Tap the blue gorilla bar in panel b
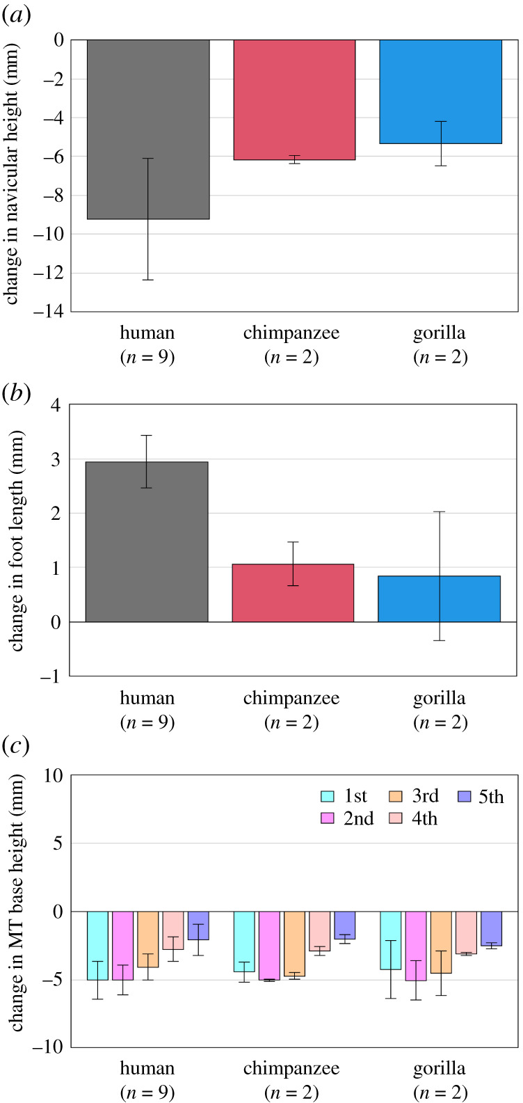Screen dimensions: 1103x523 pyautogui.click(x=439, y=598)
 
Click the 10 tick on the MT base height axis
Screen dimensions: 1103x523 pyautogui.click(x=54, y=776)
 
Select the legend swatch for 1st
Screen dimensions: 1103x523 pyautogui.click(x=329, y=797)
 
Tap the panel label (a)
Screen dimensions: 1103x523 pyautogui.click(x=16, y=15)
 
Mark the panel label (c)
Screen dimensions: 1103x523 pyautogui.click(x=15, y=747)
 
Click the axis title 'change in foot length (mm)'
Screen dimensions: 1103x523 pyautogui.click(x=16, y=541)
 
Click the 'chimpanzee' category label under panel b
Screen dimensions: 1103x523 pyautogui.click(x=291, y=698)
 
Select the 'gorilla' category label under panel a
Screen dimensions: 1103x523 pyautogui.click(x=439, y=333)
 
